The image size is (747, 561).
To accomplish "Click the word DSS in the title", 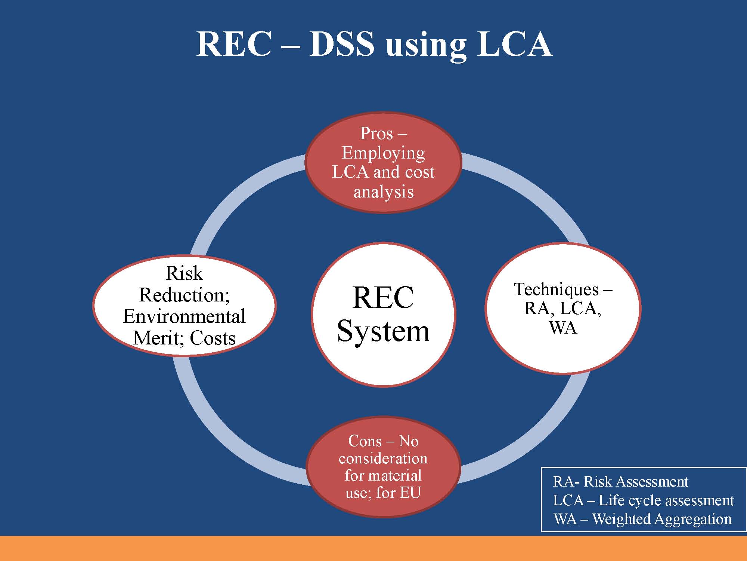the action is [342, 44].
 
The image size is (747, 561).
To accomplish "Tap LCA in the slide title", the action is [515, 44].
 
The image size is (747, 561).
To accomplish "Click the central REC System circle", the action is [383, 315].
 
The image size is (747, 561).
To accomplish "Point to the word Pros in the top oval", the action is [376, 134].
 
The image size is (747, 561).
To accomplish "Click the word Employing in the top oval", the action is [383, 153].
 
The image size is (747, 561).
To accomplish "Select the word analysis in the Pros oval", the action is [384, 192].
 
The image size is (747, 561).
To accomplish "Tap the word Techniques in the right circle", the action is [557, 289].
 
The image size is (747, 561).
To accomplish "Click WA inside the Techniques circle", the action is [563, 328].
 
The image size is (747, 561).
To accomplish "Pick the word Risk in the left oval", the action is [184, 273].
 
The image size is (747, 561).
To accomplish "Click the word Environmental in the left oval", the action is [184, 316].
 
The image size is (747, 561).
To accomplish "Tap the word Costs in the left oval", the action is [213, 338].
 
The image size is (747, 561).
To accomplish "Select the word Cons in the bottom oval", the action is [365, 441].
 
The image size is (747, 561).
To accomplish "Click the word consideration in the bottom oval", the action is [383, 459].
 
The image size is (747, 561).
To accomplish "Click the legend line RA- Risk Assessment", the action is [620, 482].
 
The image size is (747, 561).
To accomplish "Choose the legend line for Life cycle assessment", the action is [644, 500].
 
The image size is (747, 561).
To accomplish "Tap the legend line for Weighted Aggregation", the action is [642, 519].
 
